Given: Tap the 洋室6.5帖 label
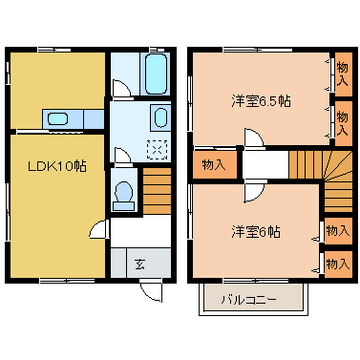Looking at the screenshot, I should pyautogui.click(x=260, y=100).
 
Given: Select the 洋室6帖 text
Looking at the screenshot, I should pyautogui.click(x=255, y=232).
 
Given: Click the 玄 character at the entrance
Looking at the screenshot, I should pyautogui.click(x=139, y=264).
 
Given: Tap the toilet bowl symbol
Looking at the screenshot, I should pyautogui.click(x=123, y=194).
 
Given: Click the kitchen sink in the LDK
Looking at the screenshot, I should pyautogui.click(x=58, y=119).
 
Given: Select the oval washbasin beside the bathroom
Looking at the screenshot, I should pyautogui.click(x=160, y=118).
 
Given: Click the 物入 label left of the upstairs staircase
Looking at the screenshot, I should pyautogui.click(x=214, y=164).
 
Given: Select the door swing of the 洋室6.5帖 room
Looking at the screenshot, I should pyautogui.click(x=253, y=139).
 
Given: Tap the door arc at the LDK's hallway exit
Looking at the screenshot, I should pyautogui.click(x=98, y=229).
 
